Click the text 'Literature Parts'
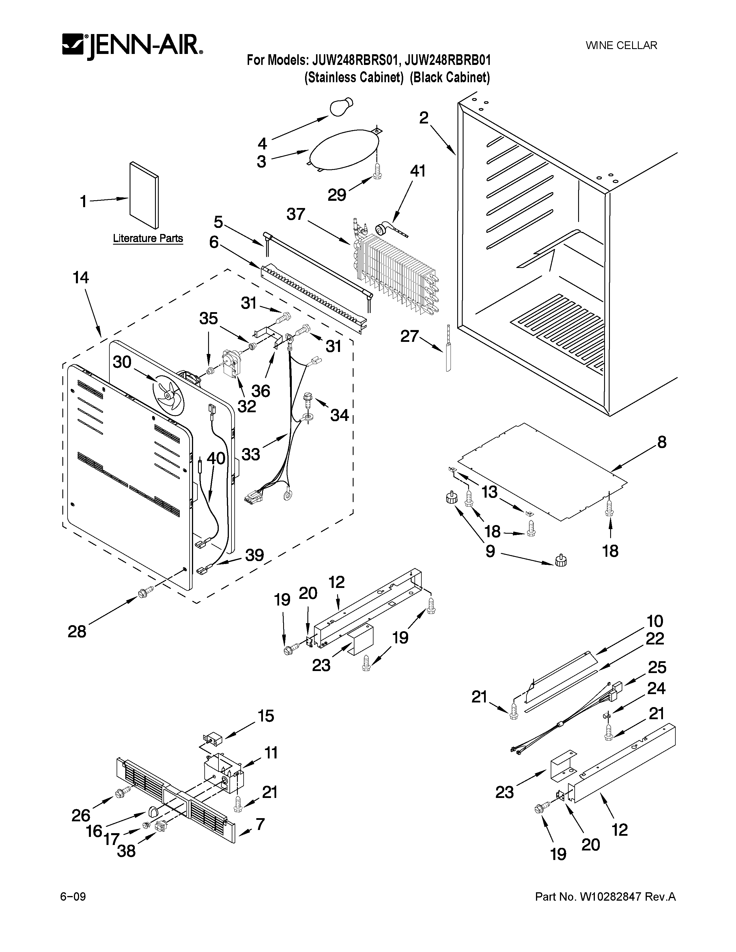point(148,239)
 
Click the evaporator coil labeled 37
point(395,272)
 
